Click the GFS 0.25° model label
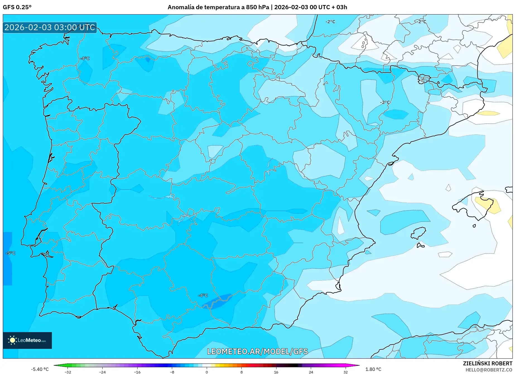pyautogui.click(x=17, y=7)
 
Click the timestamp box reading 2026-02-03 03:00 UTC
pyautogui.click(x=50, y=27)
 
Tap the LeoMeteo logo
pyautogui.click(x=27, y=340)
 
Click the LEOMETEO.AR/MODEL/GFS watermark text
pyautogui.click(x=257, y=351)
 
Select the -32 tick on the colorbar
pyautogui.click(x=68, y=372)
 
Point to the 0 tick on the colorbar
pyautogui.click(x=207, y=372)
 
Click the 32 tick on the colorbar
pyautogui.click(x=345, y=372)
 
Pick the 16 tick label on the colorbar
pyautogui.click(x=276, y=372)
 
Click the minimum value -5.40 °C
pyautogui.click(x=40, y=369)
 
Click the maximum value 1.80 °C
pyautogui.click(x=373, y=369)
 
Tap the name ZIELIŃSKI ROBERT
pyautogui.click(x=487, y=363)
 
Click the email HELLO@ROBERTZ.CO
pyautogui.click(x=488, y=370)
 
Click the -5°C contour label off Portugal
pyautogui.click(x=11, y=253)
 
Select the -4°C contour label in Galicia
pyautogui.click(x=85, y=58)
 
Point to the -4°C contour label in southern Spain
pyautogui.click(x=203, y=295)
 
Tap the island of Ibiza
pyautogui.click(x=418, y=233)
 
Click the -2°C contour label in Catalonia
pyautogui.click(x=385, y=102)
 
